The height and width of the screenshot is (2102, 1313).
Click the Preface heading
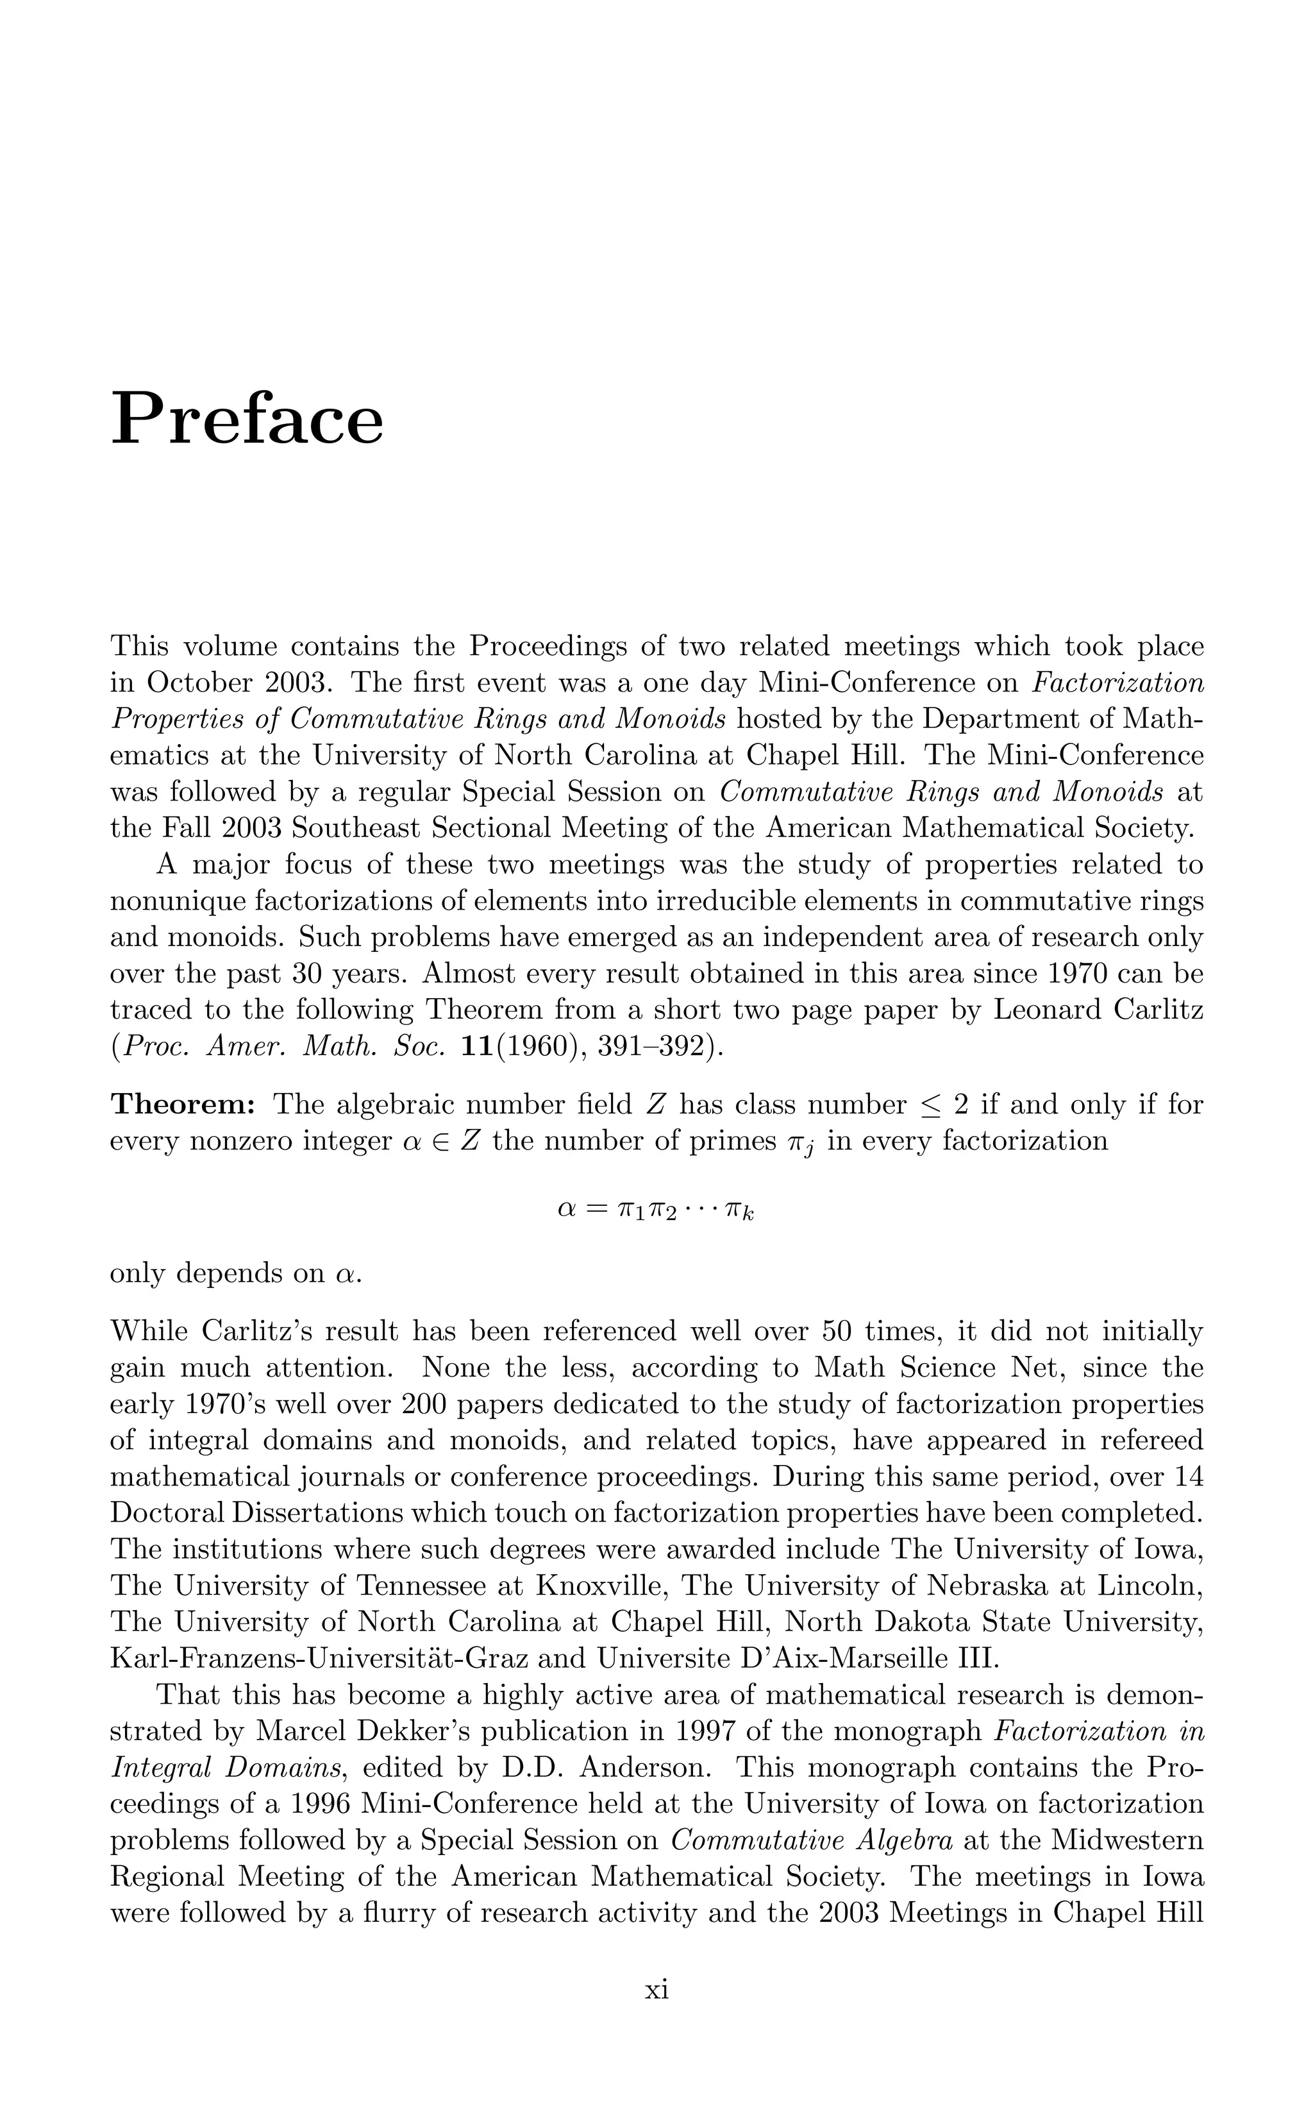(x=247, y=419)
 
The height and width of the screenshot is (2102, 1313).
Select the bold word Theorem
(x=182, y=1104)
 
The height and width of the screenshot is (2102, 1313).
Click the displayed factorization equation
(x=656, y=1210)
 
